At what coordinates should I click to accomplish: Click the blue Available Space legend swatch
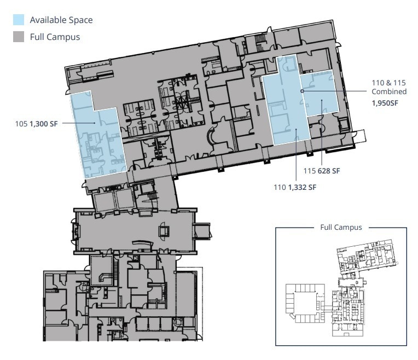click(x=19, y=20)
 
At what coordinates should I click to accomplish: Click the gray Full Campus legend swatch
click(x=19, y=37)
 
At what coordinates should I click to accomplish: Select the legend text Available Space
click(x=61, y=20)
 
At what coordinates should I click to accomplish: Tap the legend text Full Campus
click(x=55, y=37)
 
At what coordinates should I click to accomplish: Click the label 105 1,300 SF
click(x=36, y=124)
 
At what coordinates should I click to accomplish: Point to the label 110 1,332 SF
click(x=295, y=187)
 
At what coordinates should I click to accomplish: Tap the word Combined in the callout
click(x=389, y=91)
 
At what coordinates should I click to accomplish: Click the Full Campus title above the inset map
click(x=341, y=227)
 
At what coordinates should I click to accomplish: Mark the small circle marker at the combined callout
click(x=302, y=91)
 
